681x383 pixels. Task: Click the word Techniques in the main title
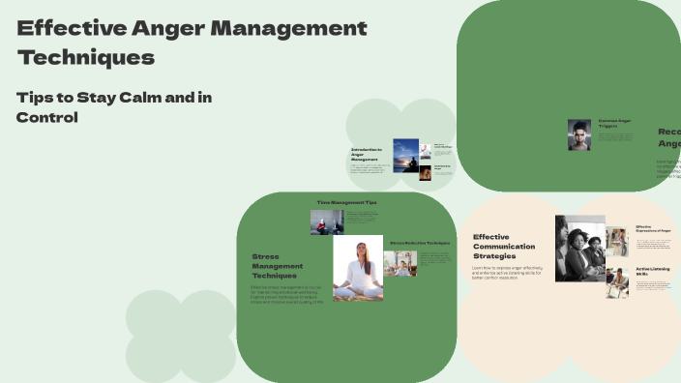click(x=86, y=57)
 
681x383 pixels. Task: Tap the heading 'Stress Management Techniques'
click(x=278, y=266)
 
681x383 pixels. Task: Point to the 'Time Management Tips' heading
click(x=347, y=203)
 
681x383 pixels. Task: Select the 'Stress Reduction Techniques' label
click(x=420, y=242)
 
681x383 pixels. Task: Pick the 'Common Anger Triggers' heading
click(x=614, y=123)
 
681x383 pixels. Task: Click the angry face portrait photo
click(x=579, y=134)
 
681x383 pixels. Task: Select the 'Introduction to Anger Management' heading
click(x=368, y=155)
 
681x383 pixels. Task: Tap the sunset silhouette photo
click(x=405, y=155)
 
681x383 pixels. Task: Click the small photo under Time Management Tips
click(x=327, y=222)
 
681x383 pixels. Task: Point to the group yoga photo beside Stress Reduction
click(x=400, y=264)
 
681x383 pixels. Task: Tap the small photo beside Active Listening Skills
click(x=617, y=282)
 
